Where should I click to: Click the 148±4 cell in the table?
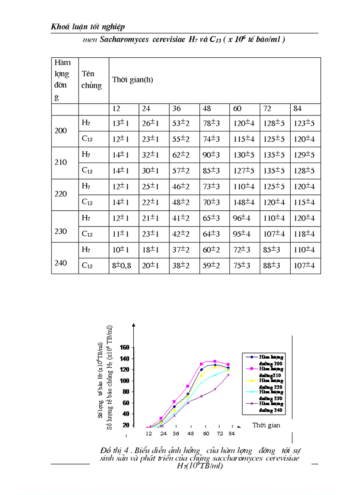point(244,203)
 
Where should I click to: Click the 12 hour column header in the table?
point(116,108)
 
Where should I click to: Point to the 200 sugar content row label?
point(61,131)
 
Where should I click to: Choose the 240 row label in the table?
point(61,263)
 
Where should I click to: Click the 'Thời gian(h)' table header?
point(132,80)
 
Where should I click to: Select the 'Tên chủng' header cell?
point(91,80)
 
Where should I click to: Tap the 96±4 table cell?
point(242,218)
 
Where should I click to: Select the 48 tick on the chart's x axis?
point(191,434)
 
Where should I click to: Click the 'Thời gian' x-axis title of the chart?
point(266,425)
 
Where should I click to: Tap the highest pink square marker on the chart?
point(215,361)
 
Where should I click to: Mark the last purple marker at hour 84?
point(228,375)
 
